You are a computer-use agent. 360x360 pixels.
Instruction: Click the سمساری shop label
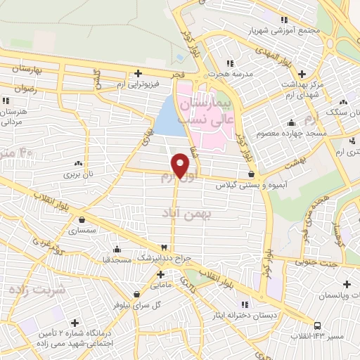point(82,230)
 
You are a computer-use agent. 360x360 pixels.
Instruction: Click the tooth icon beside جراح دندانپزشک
point(164,248)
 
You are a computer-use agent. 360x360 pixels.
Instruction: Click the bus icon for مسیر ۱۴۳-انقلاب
point(319,325)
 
